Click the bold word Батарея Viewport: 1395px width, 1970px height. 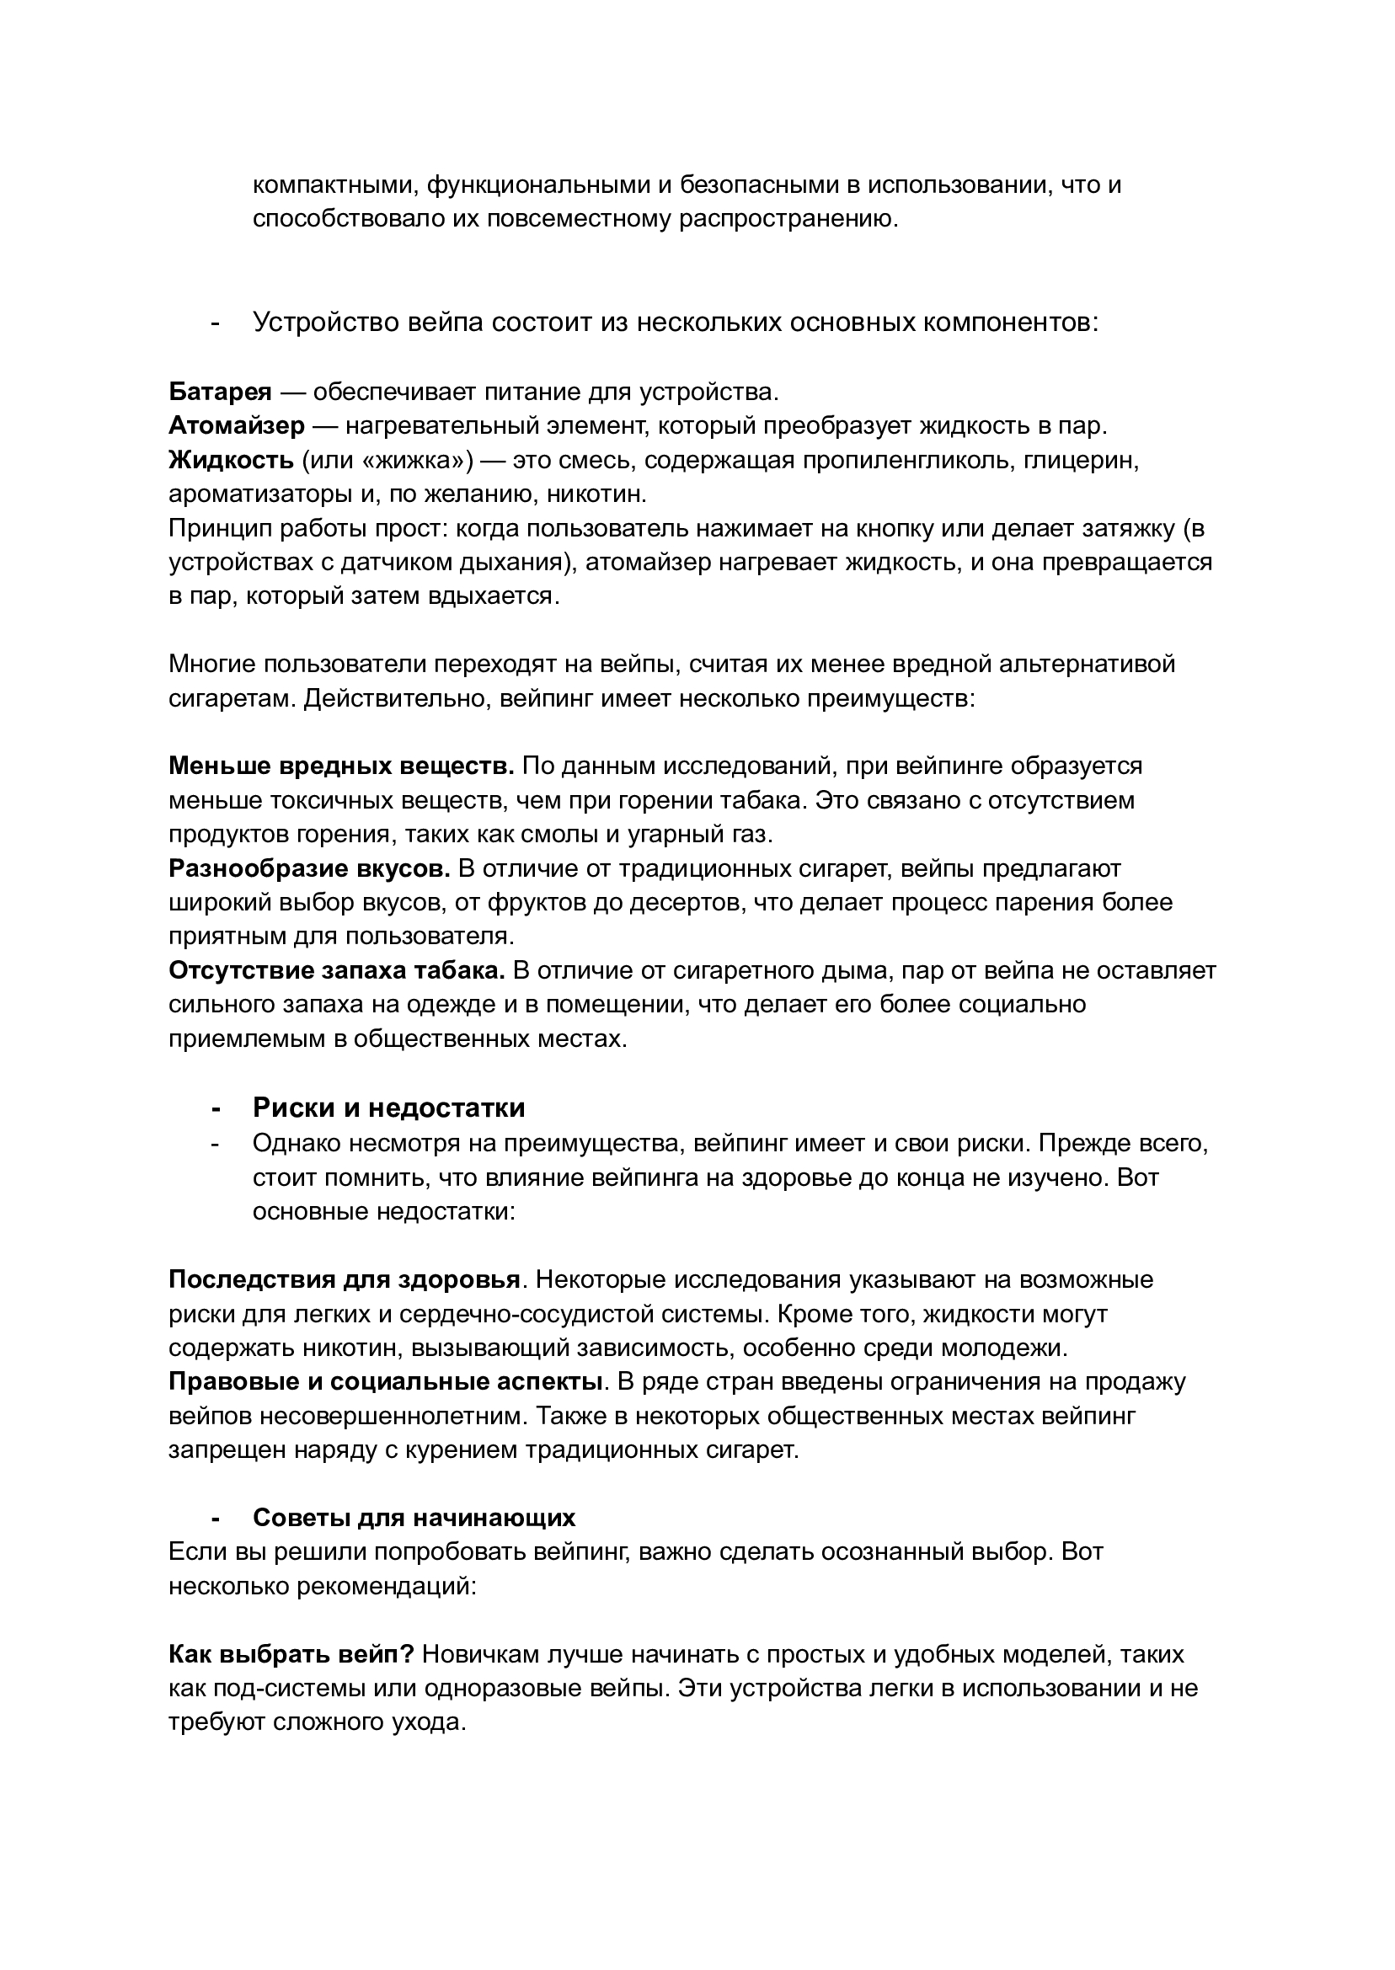220,392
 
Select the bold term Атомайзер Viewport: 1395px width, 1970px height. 236,426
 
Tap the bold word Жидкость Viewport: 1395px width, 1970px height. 231,461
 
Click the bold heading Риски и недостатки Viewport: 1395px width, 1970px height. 388,1108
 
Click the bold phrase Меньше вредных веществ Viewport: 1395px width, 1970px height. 341,765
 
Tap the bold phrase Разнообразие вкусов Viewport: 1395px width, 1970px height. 309,868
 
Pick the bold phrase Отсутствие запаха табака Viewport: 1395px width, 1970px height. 338,970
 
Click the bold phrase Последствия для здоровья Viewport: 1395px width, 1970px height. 344,1279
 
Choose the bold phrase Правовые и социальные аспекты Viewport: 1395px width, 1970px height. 384,1382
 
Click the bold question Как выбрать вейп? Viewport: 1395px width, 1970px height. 291,1654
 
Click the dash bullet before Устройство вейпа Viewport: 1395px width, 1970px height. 215,323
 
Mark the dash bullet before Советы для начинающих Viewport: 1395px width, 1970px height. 215,1518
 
